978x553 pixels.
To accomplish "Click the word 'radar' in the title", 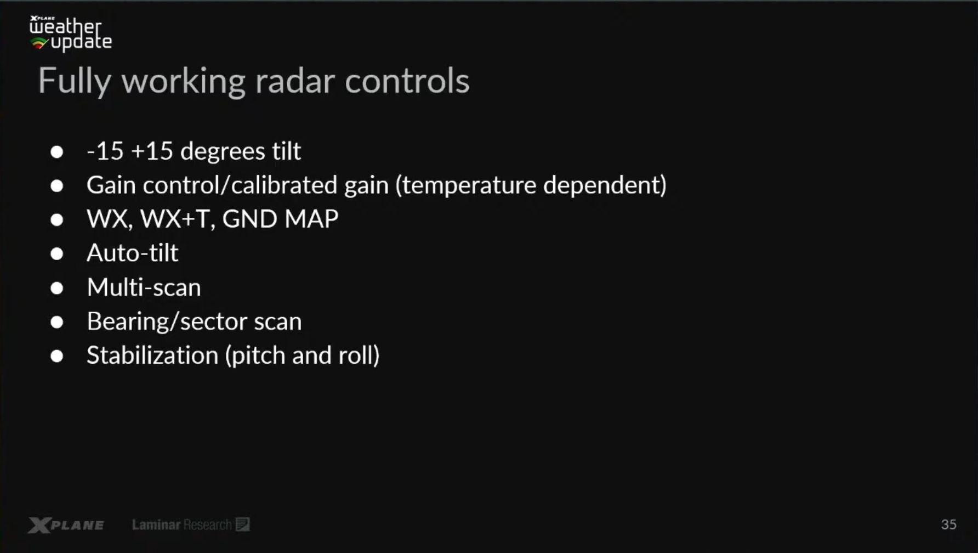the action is click(x=295, y=81).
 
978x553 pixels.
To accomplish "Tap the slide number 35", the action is click(x=948, y=524).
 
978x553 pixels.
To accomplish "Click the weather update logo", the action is click(x=70, y=33).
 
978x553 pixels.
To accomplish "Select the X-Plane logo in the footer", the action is click(x=66, y=525).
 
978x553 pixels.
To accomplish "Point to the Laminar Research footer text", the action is click(x=190, y=524).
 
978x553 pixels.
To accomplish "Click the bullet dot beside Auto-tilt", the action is click(x=56, y=253).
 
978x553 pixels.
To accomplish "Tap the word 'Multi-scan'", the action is click(x=144, y=287).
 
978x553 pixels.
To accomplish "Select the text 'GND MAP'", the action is click(x=280, y=218).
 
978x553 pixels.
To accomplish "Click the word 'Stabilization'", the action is click(x=152, y=355).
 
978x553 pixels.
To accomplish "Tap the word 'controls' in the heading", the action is click(x=407, y=81).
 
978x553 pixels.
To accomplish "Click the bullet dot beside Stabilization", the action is click(x=56, y=356).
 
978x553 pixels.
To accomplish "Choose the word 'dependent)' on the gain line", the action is click(x=605, y=185).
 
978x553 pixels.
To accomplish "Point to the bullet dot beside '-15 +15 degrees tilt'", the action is click(x=56, y=151).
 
